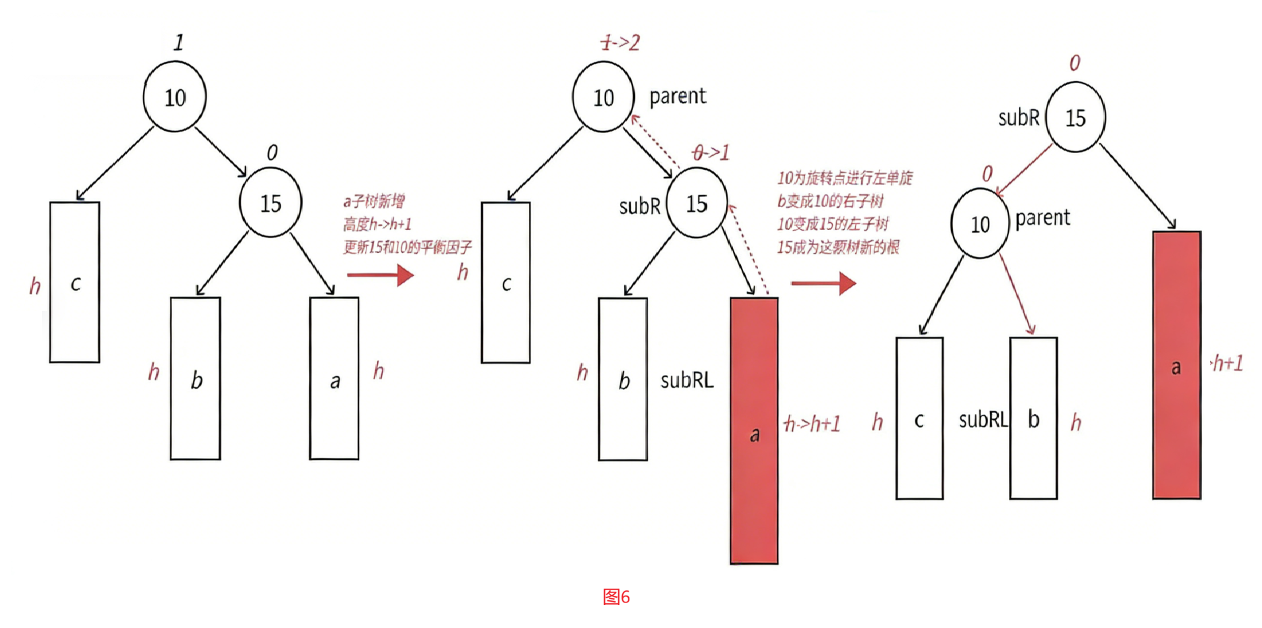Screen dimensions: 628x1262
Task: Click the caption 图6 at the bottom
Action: (x=616, y=597)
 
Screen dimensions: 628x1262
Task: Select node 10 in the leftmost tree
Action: (x=175, y=97)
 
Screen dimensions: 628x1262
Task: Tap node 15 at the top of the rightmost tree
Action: (x=1075, y=118)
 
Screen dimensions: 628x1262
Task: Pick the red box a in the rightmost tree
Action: (x=1176, y=365)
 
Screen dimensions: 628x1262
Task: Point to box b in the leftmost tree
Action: (x=196, y=378)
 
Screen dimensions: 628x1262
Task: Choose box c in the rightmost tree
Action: (x=919, y=418)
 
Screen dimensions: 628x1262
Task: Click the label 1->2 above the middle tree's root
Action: (x=620, y=43)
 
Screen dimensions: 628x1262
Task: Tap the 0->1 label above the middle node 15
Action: (x=711, y=153)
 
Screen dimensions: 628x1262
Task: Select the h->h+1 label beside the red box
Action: (x=812, y=424)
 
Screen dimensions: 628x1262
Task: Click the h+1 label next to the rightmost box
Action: (x=1227, y=364)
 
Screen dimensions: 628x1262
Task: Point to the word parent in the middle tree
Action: (x=678, y=97)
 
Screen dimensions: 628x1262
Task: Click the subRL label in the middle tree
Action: (x=686, y=380)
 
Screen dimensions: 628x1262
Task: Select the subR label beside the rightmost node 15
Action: (x=1018, y=118)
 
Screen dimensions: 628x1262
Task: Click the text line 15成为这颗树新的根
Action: (x=838, y=248)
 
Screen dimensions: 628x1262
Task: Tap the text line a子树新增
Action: (x=374, y=201)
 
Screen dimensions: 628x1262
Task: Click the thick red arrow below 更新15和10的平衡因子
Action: (x=380, y=275)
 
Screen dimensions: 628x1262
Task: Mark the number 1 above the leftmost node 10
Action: (x=178, y=43)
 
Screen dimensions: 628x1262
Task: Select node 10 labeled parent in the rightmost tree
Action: (x=980, y=224)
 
